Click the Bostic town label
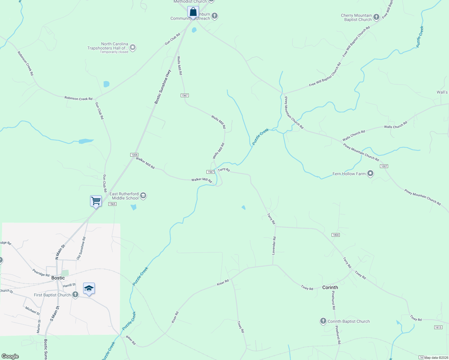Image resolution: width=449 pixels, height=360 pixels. (x=58, y=278)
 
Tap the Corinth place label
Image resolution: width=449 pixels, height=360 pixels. (x=330, y=287)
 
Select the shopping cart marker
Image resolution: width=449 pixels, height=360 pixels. (x=96, y=201)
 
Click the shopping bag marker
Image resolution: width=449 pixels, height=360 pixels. (x=193, y=12)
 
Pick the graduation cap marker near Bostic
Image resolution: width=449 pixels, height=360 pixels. (x=89, y=289)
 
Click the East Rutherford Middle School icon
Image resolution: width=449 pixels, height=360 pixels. (x=143, y=196)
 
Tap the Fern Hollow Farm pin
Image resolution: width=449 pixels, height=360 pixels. (x=370, y=173)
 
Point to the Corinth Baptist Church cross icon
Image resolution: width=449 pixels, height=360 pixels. (x=323, y=321)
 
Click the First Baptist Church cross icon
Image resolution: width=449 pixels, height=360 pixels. (x=75, y=295)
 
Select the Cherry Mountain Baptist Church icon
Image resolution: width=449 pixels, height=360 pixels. (x=376, y=17)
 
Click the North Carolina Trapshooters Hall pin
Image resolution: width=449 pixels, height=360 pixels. (x=133, y=47)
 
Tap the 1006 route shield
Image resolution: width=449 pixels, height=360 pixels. (x=134, y=155)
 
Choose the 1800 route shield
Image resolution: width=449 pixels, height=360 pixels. (x=336, y=235)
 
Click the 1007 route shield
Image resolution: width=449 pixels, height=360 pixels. (x=384, y=166)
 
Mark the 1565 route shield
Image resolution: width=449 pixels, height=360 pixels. (x=112, y=204)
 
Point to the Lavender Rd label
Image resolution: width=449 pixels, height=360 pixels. (x=274, y=246)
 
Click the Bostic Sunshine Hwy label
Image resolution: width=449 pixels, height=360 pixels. (x=163, y=87)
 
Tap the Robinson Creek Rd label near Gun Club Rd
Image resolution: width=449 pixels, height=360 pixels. (x=78, y=98)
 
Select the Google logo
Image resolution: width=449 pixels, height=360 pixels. (x=10, y=356)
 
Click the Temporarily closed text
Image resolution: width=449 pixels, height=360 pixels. (x=114, y=52)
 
